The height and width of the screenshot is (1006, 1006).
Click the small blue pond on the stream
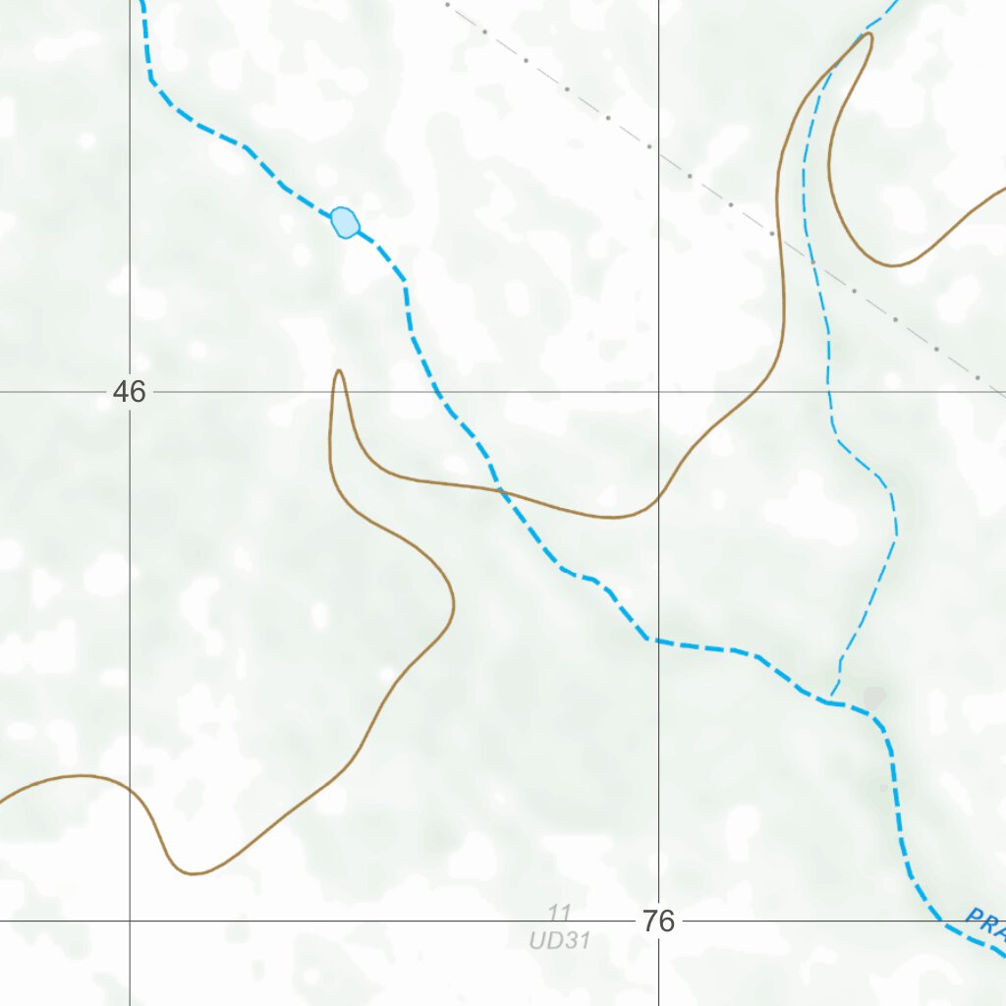click(x=345, y=222)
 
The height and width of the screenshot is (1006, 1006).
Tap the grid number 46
click(x=129, y=392)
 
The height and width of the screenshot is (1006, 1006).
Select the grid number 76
click(x=659, y=922)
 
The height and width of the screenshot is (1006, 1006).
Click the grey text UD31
click(x=559, y=940)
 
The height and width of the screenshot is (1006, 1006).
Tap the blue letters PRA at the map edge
click(x=985, y=922)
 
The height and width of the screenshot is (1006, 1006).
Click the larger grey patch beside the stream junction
click(x=873, y=698)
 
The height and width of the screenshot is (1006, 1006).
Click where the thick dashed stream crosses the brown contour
click(x=500, y=488)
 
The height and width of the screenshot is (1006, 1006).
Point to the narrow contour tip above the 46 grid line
click(x=339, y=372)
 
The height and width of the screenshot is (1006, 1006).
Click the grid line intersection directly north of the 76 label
click(x=658, y=392)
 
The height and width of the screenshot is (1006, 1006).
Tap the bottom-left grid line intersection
click(x=130, y=922)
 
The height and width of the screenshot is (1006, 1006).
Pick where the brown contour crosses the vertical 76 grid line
click(x=658, y=500)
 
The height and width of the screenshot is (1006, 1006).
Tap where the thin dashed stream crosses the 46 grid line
click(x=831, y=392)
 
